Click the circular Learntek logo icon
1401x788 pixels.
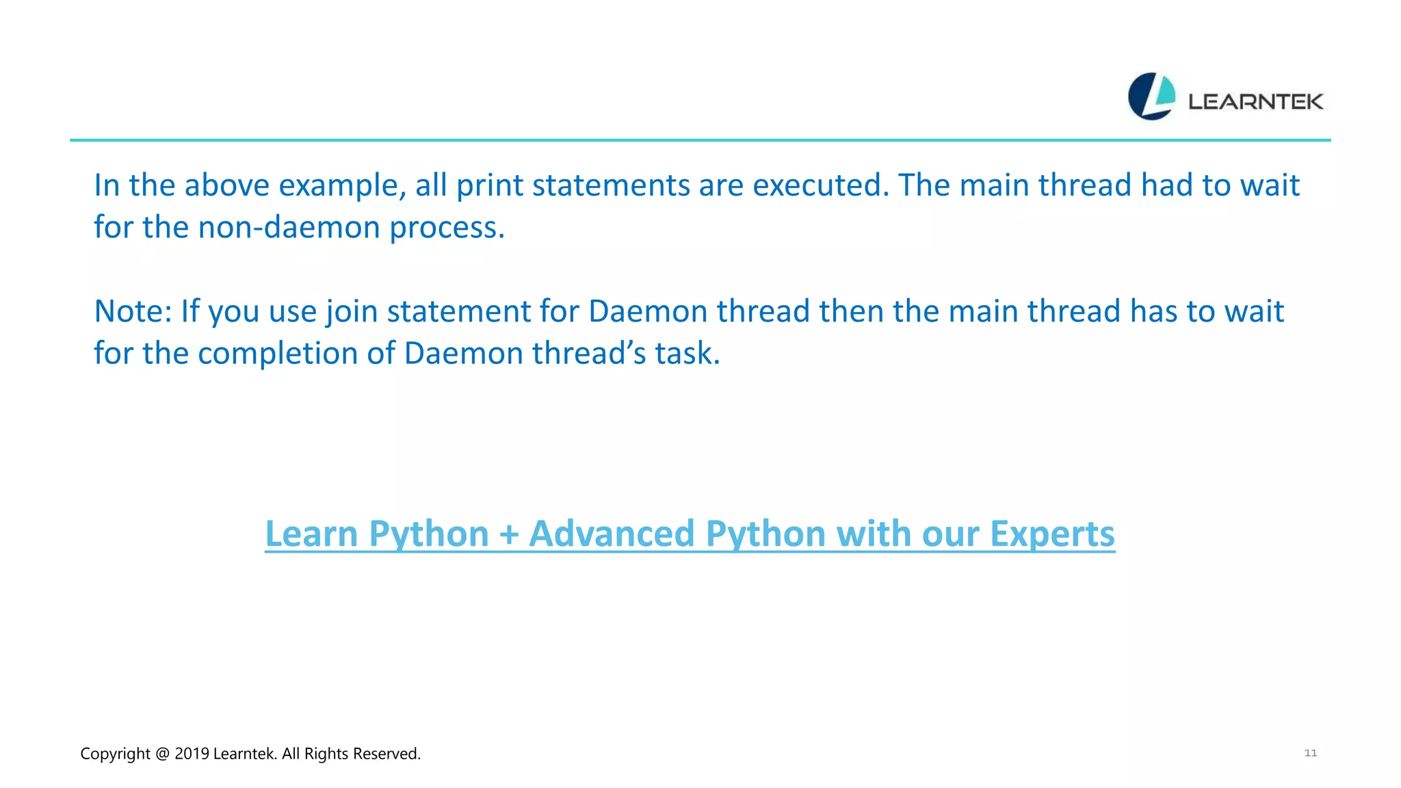point(1151,96)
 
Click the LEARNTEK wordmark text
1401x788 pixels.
point(1255,102)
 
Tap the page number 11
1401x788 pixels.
point(1310,752)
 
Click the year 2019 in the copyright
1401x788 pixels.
point(192,754)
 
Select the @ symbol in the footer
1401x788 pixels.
point(162,754)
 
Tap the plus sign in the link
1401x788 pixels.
point(509,535)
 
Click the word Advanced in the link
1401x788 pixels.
point(612,534)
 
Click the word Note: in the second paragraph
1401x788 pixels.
point(133,311)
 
